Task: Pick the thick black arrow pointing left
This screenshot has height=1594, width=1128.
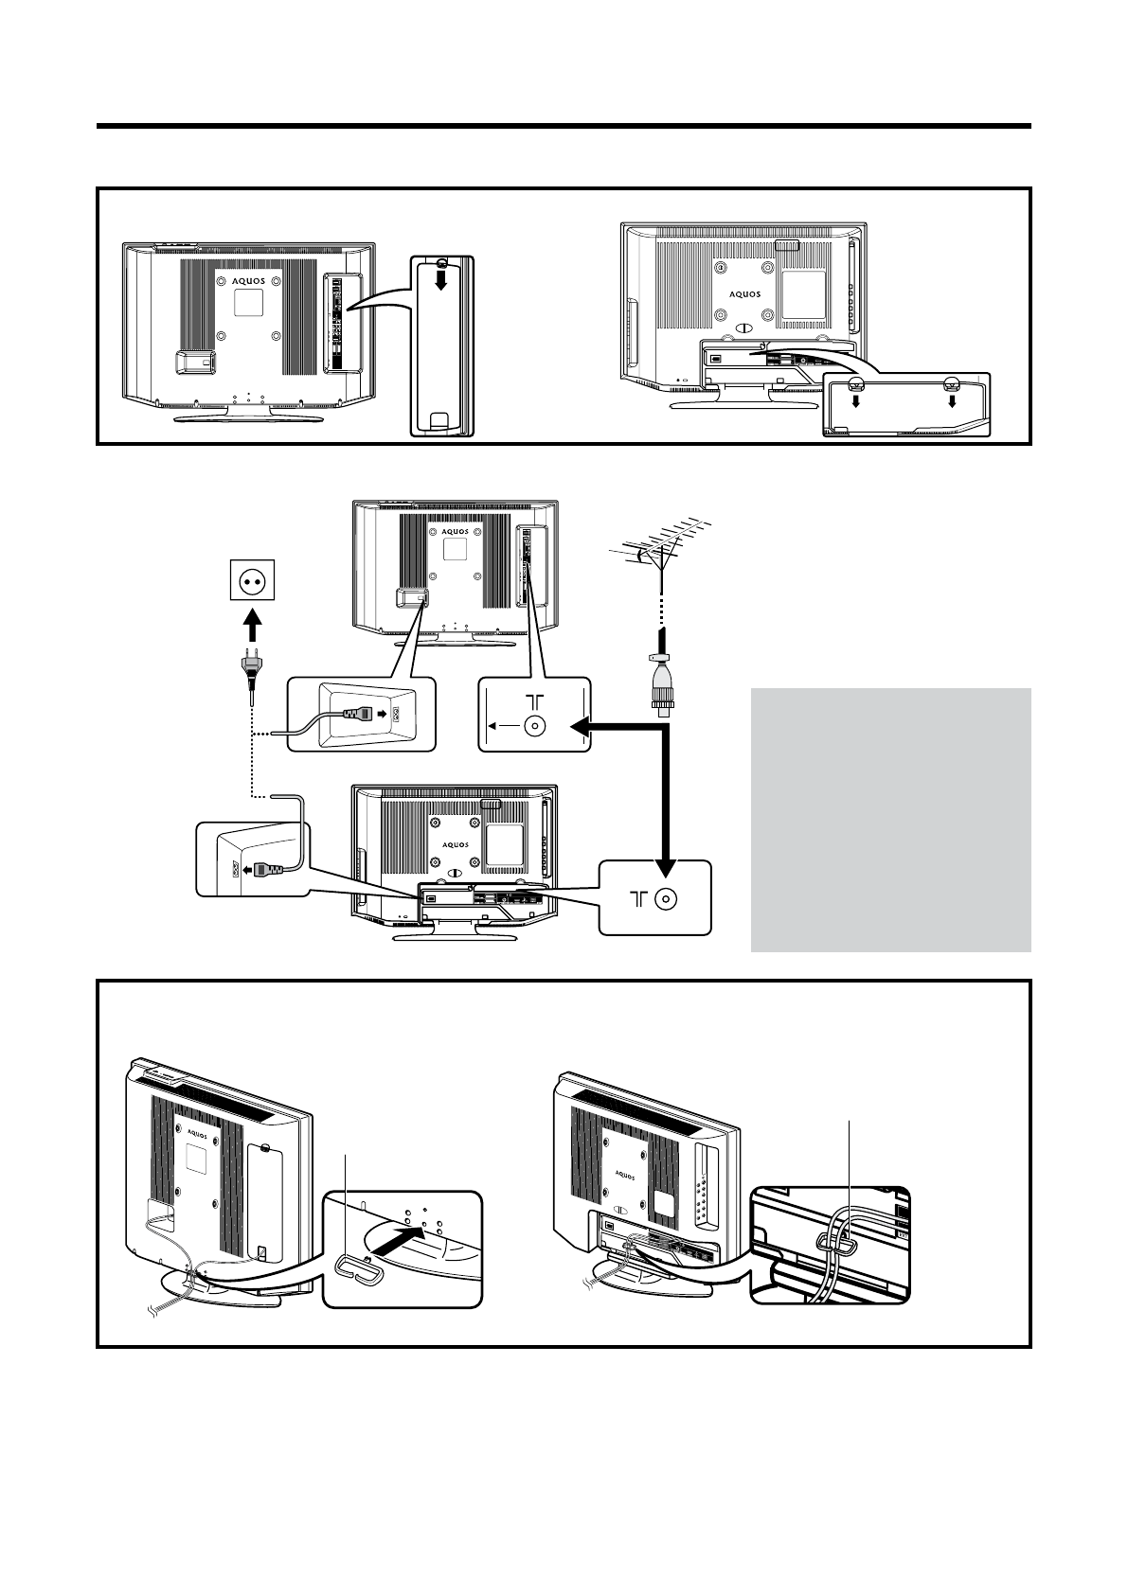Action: [x=616, y=727]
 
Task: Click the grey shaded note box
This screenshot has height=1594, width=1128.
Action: [x=890, y=819]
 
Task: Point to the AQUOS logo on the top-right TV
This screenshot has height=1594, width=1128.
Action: [x=744, y=293]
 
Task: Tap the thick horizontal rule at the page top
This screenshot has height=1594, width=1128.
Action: [x=564, y=126]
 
